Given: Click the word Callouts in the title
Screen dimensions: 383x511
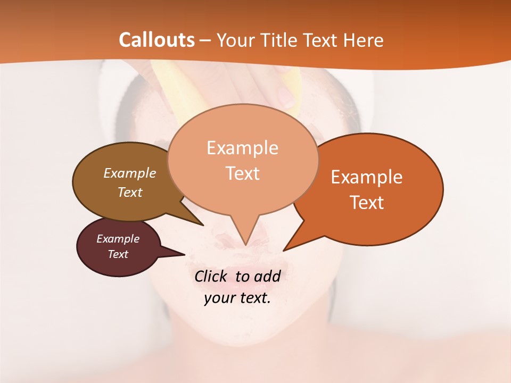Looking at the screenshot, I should click(x=156, y=40).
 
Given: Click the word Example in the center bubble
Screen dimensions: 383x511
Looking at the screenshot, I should click(x=242, y=148).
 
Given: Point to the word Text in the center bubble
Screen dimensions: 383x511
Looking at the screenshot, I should click(x=242, y=173).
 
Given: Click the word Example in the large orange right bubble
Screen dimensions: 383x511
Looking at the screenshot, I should click(x=367, y=177).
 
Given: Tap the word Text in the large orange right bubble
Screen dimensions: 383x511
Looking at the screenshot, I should click(x=367, y=203).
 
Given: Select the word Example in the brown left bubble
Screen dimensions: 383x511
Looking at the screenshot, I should click(x=130, y=173).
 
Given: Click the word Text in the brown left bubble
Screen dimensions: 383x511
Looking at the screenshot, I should click(x=130, y=192).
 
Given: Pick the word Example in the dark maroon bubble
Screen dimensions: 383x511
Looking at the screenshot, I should click(x=118, y=239).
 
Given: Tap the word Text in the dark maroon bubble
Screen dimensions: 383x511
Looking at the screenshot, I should click(x=118, y=254).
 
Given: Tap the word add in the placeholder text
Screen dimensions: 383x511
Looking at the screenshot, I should click(x=267, y=277).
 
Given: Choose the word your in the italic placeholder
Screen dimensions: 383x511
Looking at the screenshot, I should click(x=219, y=298).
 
